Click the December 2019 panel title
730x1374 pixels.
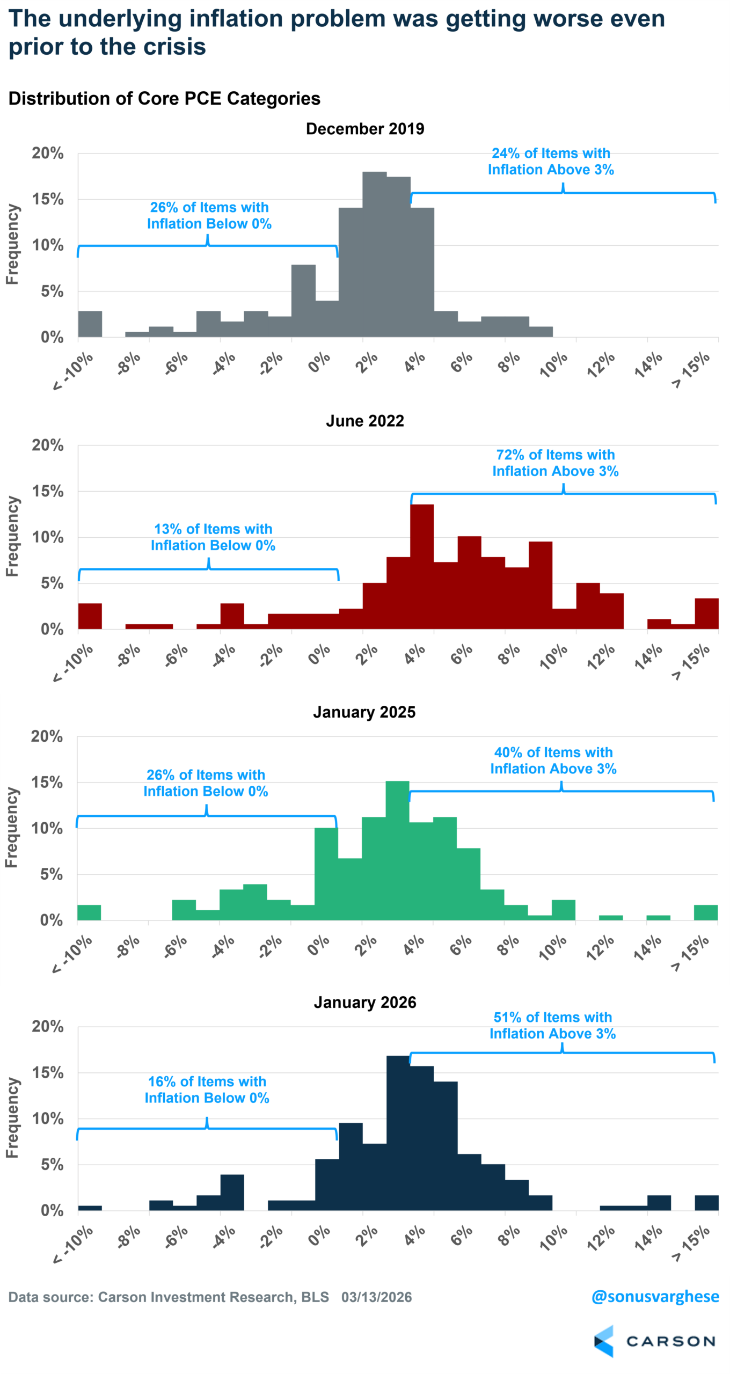tap(365, 129)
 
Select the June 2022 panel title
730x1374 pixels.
tap(365, 421)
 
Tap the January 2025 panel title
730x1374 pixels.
tap(364, 712)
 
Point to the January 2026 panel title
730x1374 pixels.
tap(365, 1003)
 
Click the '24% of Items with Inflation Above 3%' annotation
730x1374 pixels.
tap(551, 162)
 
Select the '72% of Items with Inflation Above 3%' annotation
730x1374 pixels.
tap(556, 463)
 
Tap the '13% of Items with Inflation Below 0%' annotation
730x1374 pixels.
tap(213, 537)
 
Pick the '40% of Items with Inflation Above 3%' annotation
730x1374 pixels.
tap(553, 761)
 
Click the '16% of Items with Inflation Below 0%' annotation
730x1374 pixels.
tap(207, 1090)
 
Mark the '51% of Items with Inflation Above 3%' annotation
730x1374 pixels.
tap(553, 1025)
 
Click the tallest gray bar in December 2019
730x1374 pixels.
tap(375, 255)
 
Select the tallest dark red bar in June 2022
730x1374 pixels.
tap(422, 567)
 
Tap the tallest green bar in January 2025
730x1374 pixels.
tap(397, 851)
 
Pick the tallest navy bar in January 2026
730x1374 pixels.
tap(398, 1132)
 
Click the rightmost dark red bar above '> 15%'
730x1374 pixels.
tap(706, 613)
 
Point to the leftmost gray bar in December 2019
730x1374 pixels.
tap(90, 324)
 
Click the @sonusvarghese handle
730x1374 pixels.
tap(655, 1297)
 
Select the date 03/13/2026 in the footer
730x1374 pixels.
tap(376, 1297)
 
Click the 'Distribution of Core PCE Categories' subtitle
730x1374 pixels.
tap(164, 99)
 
